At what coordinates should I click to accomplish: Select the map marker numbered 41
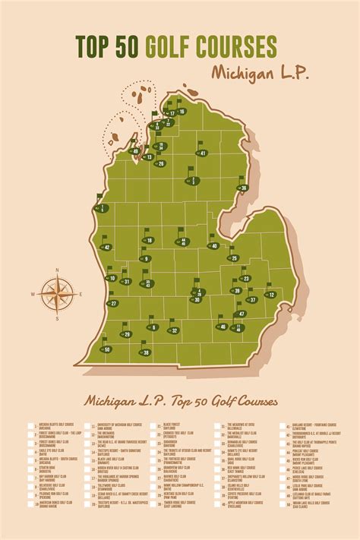(202, 153)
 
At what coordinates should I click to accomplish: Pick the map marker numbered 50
(106, 349)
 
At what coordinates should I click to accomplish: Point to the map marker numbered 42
(106, 247)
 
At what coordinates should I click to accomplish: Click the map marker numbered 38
(144, 352)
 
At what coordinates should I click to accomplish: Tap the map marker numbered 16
(182, 112)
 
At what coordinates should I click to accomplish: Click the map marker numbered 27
(112, 304)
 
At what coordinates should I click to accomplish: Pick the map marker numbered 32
(174, 330)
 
